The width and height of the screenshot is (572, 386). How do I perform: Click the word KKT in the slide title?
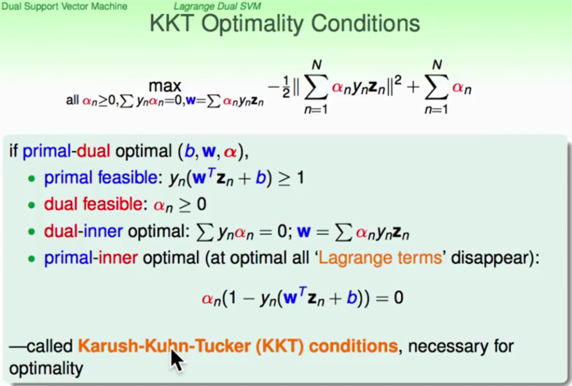171,24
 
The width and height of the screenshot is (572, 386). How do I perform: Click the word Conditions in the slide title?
366,24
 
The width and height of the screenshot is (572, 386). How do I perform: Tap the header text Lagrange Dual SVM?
217,6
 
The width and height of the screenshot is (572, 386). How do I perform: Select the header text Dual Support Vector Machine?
64,6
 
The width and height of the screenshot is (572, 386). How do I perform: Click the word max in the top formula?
165,86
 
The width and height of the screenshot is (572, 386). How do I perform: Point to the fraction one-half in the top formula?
286,87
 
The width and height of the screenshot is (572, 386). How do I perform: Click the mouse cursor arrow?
177,360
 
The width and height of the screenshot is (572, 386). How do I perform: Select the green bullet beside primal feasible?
32,179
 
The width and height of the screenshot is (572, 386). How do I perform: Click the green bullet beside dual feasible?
32,205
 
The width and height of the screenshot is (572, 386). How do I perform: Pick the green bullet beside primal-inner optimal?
32,259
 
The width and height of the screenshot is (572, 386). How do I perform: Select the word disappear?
492,258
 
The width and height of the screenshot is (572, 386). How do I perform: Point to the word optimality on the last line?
46,369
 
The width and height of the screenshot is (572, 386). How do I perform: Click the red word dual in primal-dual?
93,151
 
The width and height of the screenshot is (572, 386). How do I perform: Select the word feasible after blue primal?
128,177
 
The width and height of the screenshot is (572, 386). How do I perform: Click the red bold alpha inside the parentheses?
230,152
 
